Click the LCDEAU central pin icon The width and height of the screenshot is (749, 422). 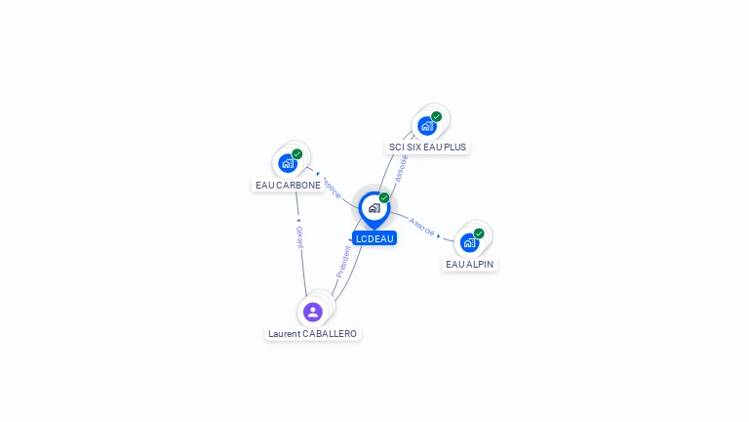pyautogui.click(x=374, y=209)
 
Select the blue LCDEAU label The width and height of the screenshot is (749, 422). pyautogui.click(x=374, y=238)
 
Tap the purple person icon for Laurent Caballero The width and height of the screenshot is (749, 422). pyautogui.click(x=313, y=312)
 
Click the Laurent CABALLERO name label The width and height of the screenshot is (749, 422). pyautogui.click(x=312, y=333)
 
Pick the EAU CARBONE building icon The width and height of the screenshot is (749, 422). pyautogui.click(x=288, y=164)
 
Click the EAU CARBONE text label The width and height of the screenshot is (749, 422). pyautogui.click(x=288, y=186)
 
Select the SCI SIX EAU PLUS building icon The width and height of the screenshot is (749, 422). pyautogui.click(x=427, y=126)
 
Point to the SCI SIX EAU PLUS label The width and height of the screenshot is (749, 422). pyautogui.click(x=427, y=147)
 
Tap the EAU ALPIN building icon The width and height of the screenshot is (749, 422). pyautogui.click(x=469, y=243)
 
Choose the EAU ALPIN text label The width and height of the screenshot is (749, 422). pyautogui.click(x=469, y=264)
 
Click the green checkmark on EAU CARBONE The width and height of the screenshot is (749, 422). pyautogui.click(x=297, y=154)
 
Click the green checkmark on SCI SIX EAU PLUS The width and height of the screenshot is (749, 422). pyautogui.click(x=436, y=116)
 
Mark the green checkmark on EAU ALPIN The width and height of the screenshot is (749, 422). pyautogui.click(x=479, y=233)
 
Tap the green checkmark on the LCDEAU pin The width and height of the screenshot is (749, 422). pyautogui.click(x=384, y=197)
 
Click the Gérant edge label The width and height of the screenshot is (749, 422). pyautogui.click(x=299, y=236)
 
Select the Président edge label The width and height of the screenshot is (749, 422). pyautogui.click(x=343, y=262)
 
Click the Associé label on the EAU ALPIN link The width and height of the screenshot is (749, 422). pyautogui.click(x=421, y=228)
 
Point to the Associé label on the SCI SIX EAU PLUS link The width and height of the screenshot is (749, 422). pyautogui.click(x=401, y=168)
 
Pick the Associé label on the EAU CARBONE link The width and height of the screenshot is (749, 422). pyautogui.click(x=332, y=188)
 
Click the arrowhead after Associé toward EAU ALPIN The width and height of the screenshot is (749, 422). pyautogui.click(x=439, y=235)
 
